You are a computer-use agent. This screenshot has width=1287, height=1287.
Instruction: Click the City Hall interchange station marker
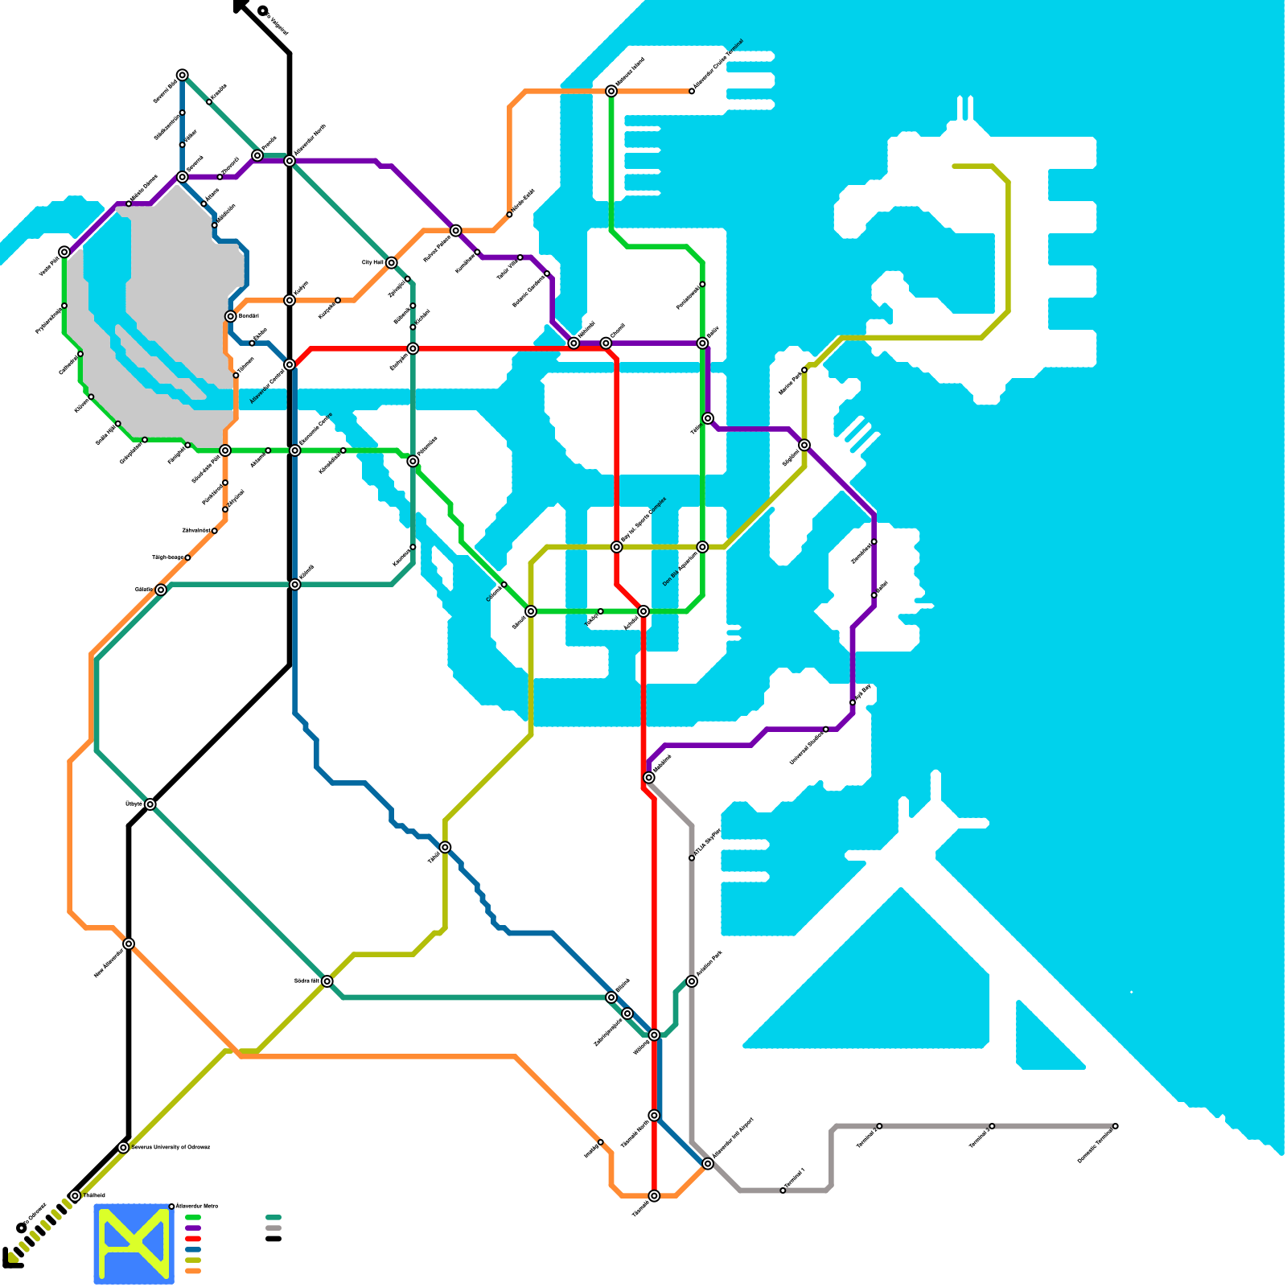click(x=391, y=263)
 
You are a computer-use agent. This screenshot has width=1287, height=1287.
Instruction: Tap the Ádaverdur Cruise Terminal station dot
click(x=692, y=91)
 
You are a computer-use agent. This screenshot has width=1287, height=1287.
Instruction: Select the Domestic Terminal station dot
click(x=1115, y=1126)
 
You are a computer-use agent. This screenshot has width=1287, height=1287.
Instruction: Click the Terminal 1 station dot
click(x=783, y=1190)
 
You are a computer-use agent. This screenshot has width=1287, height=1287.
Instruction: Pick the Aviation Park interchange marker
click(x=692, y=981)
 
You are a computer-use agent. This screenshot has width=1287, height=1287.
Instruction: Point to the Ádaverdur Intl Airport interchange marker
click(x=708, y=1164)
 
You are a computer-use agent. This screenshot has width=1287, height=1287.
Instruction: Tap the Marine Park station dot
click(x=804, y=370)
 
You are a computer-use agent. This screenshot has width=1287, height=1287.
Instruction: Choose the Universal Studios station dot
click(x=826, y=730)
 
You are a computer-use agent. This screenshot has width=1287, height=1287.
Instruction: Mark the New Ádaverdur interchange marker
click(x=129, y=944)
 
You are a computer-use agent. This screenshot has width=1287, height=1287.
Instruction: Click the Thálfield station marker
click(x=75, y=1196)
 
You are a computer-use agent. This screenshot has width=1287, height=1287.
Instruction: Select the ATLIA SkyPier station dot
click(x=692, y=858)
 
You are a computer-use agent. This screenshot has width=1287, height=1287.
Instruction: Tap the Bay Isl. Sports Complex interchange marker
click(x=617, y=547)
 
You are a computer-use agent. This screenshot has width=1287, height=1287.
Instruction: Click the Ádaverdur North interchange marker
click(x=290, y=161)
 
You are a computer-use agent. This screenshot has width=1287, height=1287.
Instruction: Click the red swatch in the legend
click(x=193, y=1239)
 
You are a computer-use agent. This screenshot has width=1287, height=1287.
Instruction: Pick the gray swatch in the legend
click(x=273, y=1228)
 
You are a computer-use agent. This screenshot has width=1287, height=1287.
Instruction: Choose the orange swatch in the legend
click(x=193, y=1271)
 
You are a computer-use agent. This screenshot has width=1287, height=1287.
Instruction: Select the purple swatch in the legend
click(x=193, y=1228)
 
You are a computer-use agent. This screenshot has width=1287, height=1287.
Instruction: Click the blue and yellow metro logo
click(x=134, y=1244)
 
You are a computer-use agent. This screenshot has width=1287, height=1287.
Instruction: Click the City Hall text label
click(x=372, y=263)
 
